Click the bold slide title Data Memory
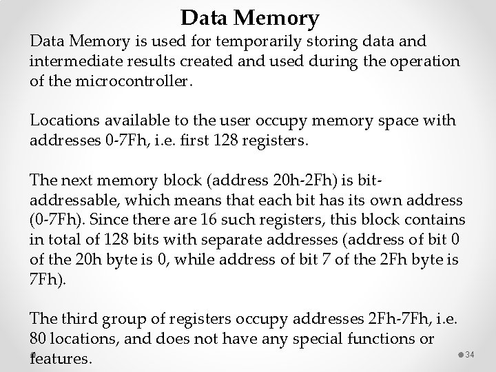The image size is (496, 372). [x=250, y=17]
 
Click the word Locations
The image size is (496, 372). [x=64, y=121]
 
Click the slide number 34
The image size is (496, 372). [x=471, y=354]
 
